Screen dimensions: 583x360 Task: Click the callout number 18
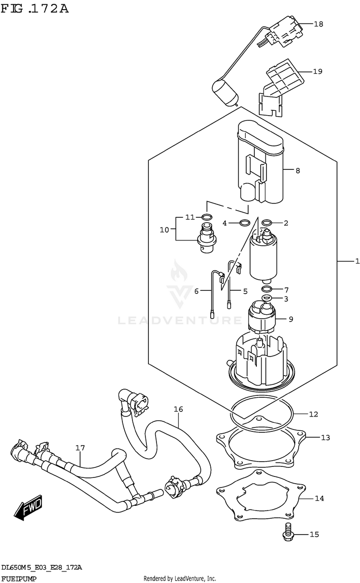[319, 24]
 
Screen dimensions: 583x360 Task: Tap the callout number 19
[317, 71]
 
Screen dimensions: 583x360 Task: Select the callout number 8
[298, 170]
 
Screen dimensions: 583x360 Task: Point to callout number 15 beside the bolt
[314, 534]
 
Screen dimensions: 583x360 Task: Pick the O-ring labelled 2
[267, 223]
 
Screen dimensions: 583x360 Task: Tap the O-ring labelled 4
[244, 223]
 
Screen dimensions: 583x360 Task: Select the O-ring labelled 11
[206, 217]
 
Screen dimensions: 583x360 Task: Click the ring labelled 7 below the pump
[267, 289]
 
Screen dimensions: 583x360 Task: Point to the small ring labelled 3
[267, 298]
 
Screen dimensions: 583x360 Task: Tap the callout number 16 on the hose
[179, 409]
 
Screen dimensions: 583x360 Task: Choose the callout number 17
[80, 448]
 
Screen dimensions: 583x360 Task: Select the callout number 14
[319, 499]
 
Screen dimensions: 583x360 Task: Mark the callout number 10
[165, 230]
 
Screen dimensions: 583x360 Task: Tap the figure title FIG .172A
[35, 9]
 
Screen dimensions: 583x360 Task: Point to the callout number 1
[357, 261]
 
